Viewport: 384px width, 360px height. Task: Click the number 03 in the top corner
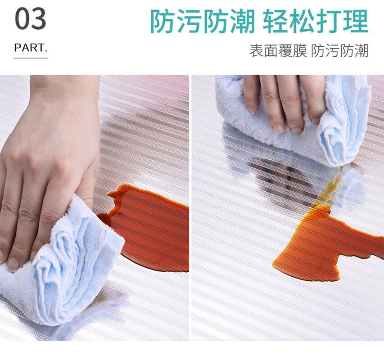click(31, 18)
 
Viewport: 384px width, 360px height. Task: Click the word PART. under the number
click(31, 48)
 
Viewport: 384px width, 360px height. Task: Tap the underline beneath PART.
click(31, 58)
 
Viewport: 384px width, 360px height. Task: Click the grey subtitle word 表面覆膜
click(278, 51)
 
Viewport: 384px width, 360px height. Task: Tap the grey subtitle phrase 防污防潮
click(340, 51)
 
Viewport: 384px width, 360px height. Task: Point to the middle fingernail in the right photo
click(278, 129)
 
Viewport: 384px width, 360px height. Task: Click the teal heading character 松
click(302, 21)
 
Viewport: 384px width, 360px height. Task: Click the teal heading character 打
click(329, 21)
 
